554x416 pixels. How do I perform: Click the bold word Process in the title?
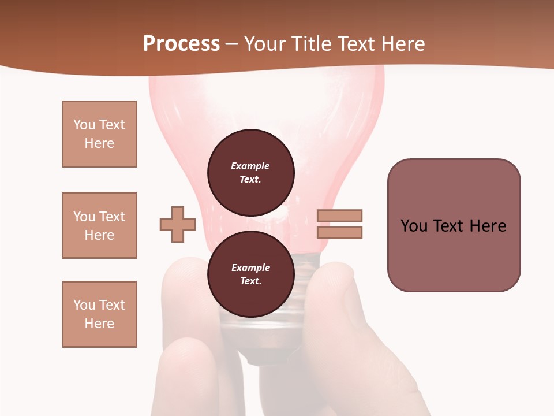point(181,44)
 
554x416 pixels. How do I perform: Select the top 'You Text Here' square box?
point(99,134)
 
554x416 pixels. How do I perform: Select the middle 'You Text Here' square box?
point(99,225)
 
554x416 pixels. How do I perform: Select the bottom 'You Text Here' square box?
point(99,314)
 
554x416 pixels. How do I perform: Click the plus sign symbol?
point(178,224)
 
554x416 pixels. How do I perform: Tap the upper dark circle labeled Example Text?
point(250,172)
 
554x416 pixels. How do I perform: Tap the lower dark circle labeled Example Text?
point(250,274)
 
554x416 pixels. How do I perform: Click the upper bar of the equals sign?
point(339,216)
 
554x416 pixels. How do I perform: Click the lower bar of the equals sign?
point(339,232)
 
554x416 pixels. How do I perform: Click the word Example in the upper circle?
point(250,166)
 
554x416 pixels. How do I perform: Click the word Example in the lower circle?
point(250,268)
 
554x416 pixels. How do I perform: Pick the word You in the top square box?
point(84,125)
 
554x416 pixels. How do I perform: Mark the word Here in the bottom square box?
point(99,324)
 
